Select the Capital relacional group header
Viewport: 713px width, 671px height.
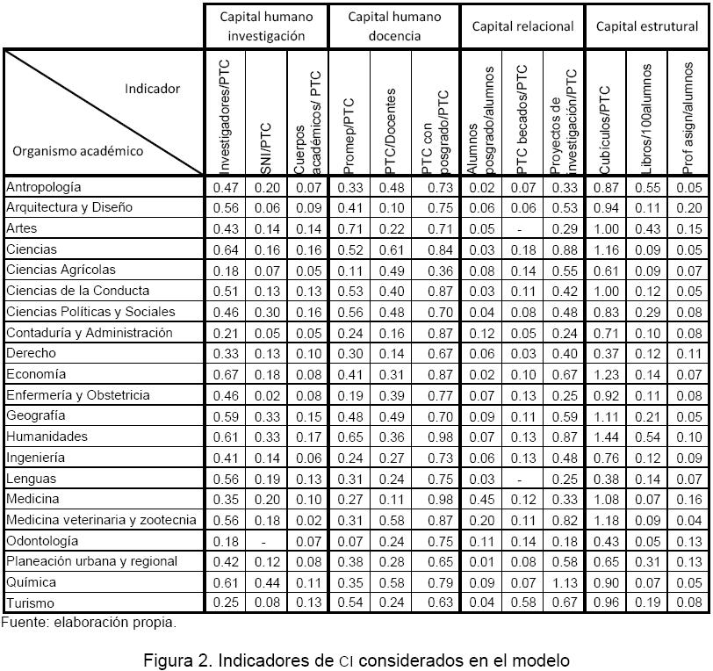point(522,26)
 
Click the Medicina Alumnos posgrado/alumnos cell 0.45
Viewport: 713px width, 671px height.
point(481,500)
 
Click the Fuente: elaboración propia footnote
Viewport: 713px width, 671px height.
point(88,623)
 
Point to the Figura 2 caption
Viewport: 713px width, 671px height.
point(356,660)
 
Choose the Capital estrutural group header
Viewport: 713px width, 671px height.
point(647,26)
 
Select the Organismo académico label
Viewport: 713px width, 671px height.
point(77,150)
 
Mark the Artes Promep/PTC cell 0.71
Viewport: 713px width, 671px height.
point(350,228)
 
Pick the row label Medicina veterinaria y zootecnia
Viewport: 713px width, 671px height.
point(101,520)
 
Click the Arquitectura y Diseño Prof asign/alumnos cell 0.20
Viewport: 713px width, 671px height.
point(688,208)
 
